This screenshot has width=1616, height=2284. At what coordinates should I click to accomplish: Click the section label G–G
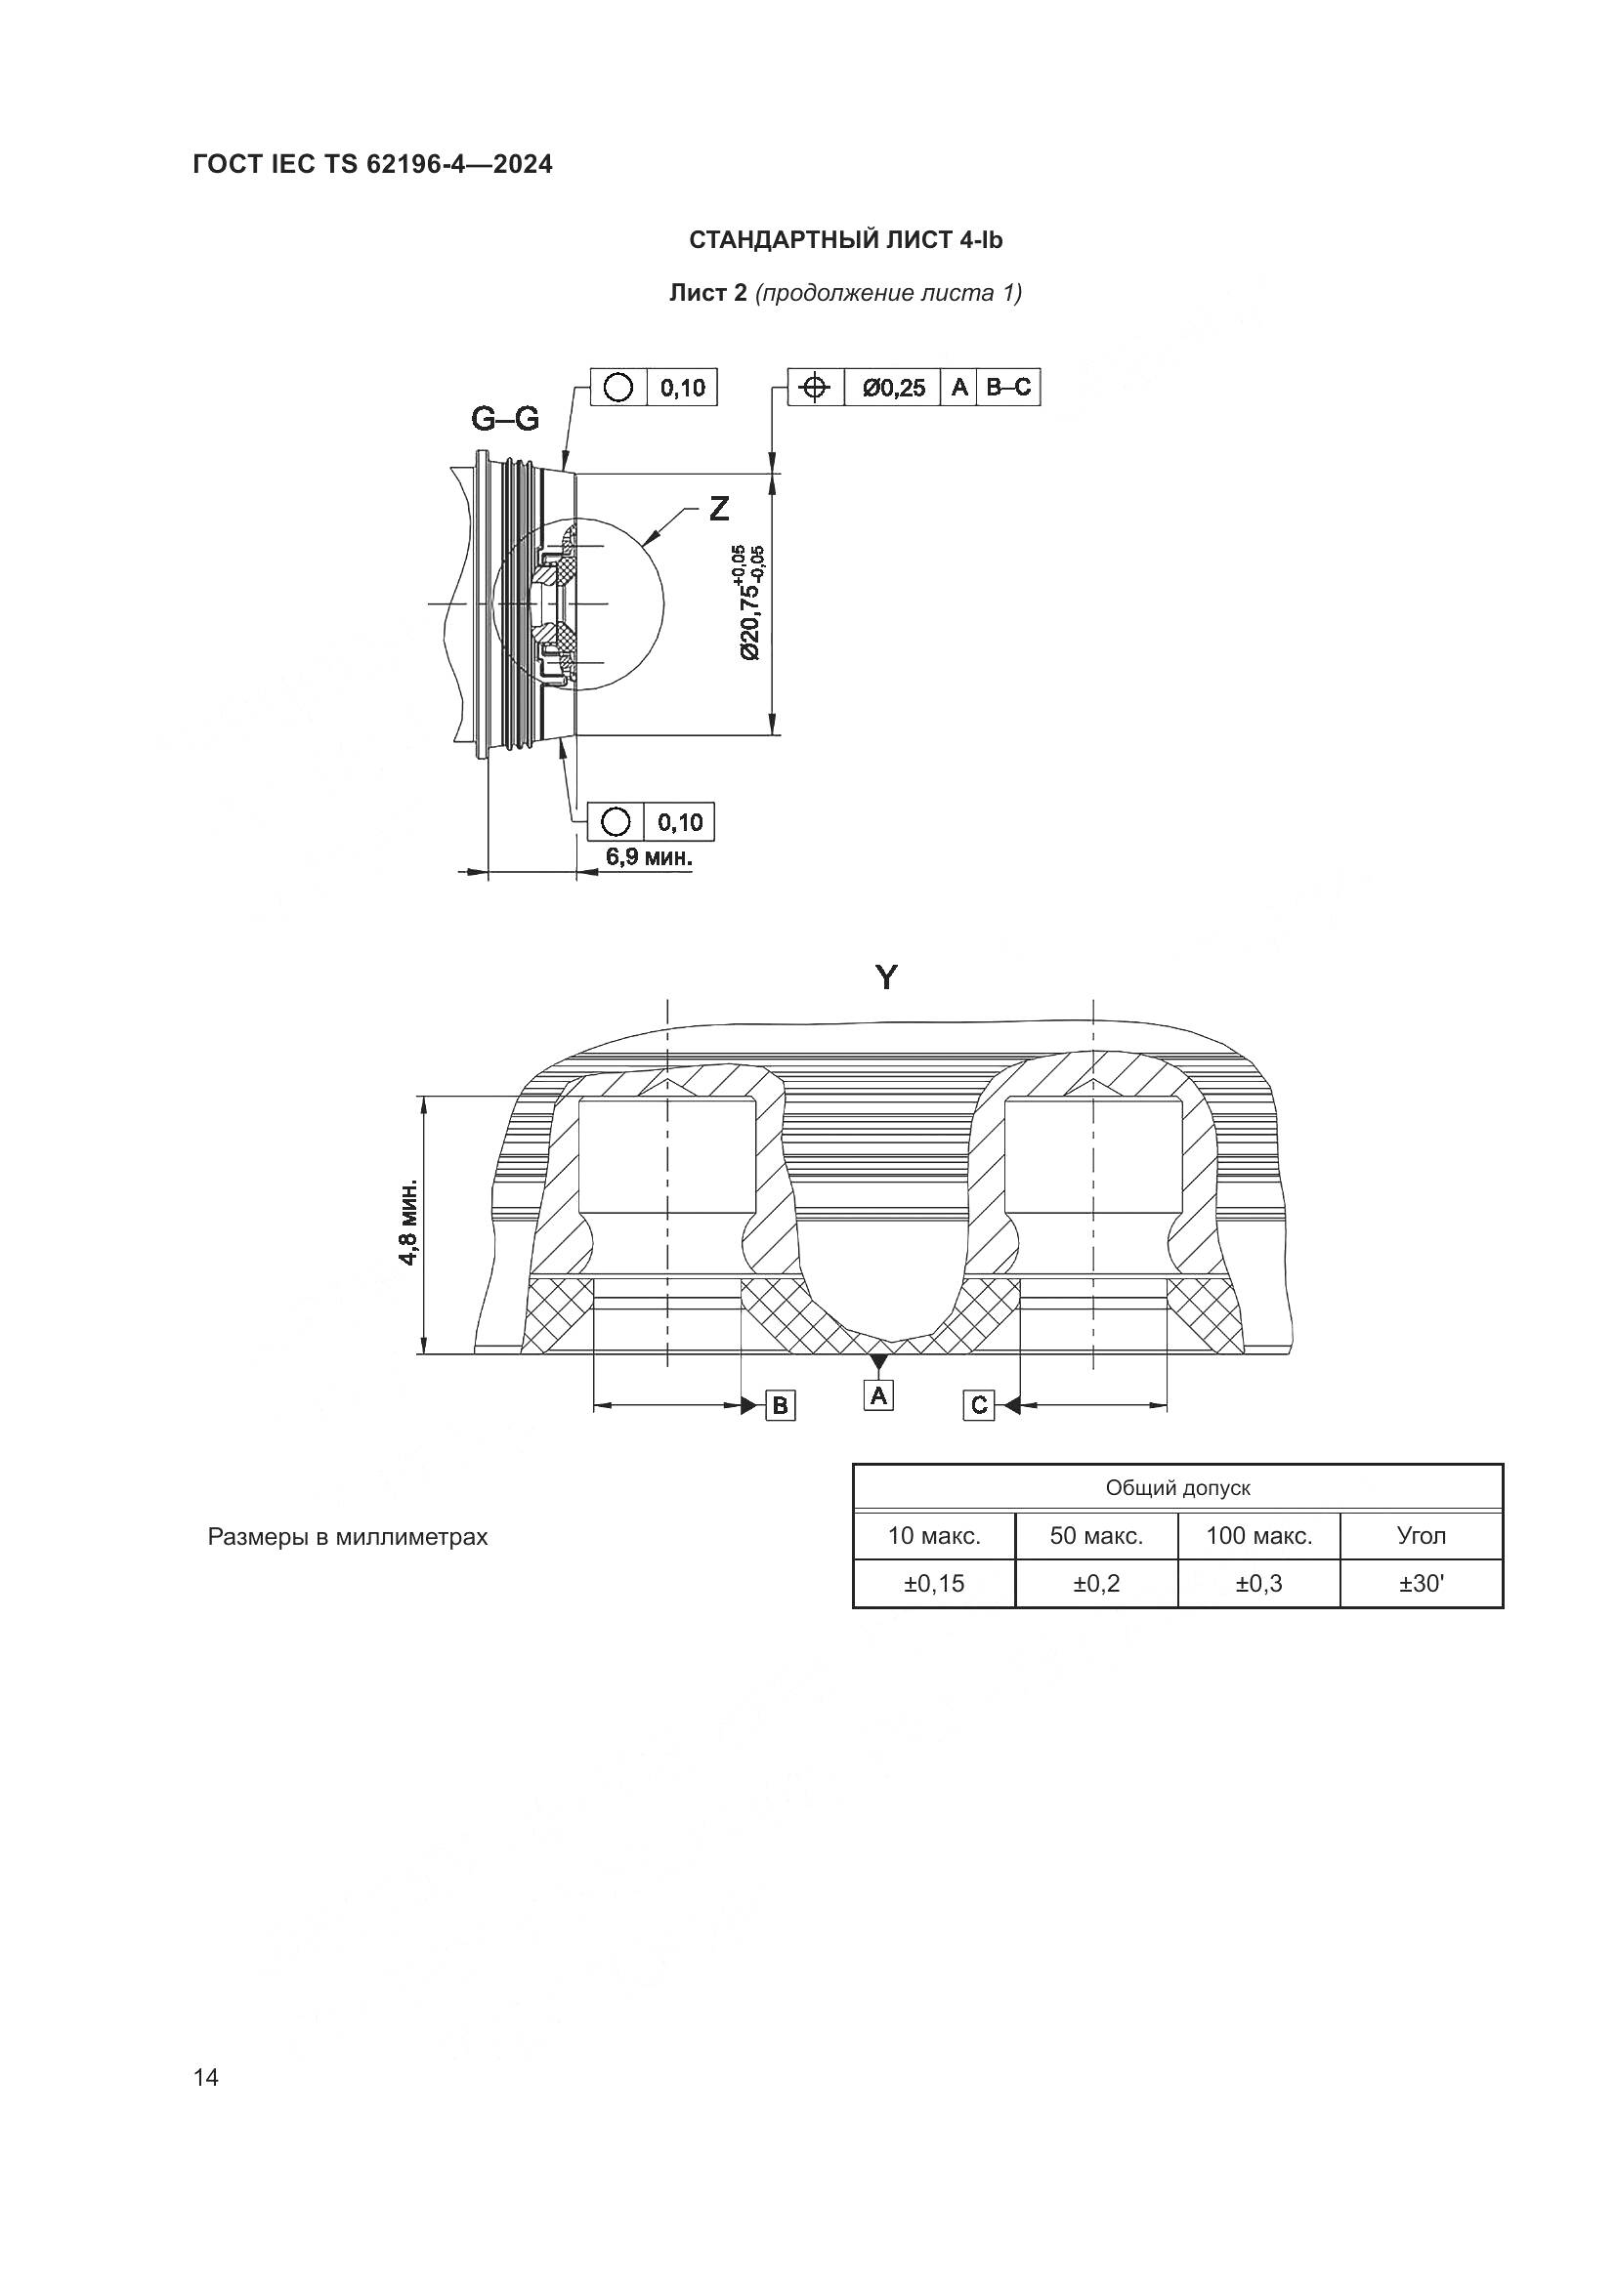tap(504, 420)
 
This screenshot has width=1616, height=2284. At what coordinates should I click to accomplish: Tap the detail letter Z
tap(718, 510)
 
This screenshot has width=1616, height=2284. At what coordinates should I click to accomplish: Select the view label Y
tap(885, 978)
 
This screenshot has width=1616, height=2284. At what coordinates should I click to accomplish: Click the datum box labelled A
tap(878, 1395)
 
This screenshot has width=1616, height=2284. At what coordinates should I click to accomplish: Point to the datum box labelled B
tap(780, 1405)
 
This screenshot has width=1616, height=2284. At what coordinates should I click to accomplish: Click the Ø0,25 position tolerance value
tap(894, 388)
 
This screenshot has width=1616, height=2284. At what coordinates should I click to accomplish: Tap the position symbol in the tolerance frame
tap(815, 388)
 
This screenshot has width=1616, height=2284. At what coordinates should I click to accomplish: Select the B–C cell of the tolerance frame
tap(1009, 387)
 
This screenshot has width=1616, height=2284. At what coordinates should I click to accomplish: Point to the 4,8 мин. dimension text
tap(408, 1224)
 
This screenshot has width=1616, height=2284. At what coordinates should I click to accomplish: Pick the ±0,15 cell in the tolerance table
tap(933, 1583)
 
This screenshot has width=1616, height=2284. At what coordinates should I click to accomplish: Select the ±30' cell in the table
tap(1421, 1583)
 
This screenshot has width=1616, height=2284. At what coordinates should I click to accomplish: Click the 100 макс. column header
tap(1258, 1535)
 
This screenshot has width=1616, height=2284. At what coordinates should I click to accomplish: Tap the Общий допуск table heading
tap(1177, 1488)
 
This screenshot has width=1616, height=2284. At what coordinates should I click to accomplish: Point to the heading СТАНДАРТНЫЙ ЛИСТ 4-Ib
tap(846, 241)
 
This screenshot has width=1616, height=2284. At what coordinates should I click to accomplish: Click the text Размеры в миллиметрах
tap(347, 1537)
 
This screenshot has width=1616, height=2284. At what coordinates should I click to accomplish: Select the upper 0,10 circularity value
tap(682, 387)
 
